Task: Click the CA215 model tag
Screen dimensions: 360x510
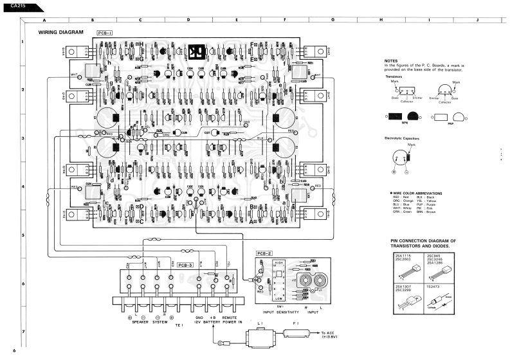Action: (10, 6)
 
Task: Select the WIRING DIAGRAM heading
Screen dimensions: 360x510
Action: (61, 32)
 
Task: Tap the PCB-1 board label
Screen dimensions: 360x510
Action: (105, 32)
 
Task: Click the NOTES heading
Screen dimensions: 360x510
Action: (391, 60)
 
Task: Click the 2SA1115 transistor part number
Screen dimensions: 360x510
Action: (399, 256)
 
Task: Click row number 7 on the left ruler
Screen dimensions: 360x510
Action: (23, 332)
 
